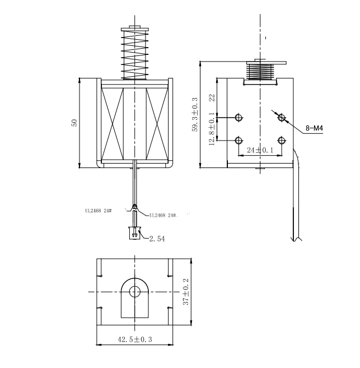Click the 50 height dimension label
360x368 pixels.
74,123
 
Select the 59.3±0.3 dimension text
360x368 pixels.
195,114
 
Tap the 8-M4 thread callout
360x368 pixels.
314,128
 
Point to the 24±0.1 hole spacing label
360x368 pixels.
260,150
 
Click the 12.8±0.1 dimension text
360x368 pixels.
212,129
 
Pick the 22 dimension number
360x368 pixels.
212,97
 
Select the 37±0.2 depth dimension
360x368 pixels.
186,292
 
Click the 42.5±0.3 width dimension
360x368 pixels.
134,339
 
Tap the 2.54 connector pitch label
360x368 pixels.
157,239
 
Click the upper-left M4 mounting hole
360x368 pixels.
239,118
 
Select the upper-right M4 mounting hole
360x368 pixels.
282,118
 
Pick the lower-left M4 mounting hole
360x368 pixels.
239,141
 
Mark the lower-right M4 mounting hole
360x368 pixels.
282,141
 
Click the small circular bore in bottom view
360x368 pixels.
134,292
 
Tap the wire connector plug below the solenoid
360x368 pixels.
134,233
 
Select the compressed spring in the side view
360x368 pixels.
260,71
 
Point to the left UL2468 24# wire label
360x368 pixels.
99,211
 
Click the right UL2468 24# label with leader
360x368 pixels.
164,215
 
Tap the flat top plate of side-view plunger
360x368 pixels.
266,63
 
